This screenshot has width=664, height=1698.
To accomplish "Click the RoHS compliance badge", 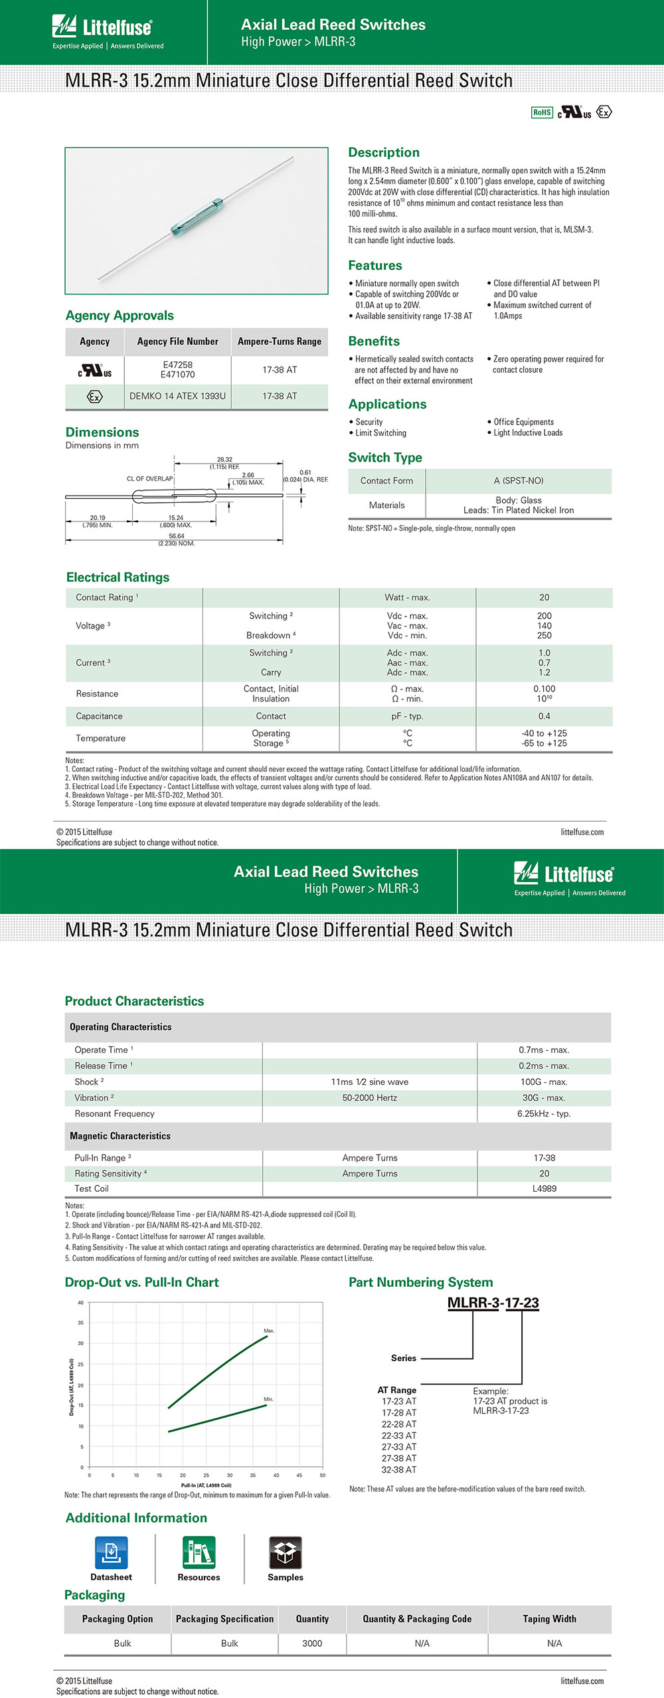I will (542, 112).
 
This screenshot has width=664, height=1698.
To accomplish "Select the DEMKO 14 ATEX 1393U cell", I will (177, 396).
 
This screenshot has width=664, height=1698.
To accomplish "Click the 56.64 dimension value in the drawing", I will (177, 536).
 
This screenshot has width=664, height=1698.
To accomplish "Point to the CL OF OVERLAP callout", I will (149, 478).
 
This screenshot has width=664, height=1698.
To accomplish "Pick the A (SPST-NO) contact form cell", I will (518, 480).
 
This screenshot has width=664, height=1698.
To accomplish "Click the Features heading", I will (375, 265).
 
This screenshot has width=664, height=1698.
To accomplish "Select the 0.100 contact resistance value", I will (544, 689).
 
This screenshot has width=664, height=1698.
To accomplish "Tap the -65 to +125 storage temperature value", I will (544, 743).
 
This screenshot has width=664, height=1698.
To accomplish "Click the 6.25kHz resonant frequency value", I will (543, 1113).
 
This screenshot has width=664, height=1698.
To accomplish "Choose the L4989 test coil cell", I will (544, 1188).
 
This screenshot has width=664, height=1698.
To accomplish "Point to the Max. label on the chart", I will (269, 1331).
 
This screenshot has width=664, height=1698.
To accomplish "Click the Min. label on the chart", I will (268, 1399).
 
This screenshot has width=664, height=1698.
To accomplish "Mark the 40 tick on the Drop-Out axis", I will (80, 1303).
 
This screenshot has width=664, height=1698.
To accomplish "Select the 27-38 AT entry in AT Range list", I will (399, 1458).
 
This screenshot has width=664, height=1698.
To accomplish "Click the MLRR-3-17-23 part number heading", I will (493, 1303).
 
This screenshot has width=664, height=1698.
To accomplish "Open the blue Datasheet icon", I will (111, 1553).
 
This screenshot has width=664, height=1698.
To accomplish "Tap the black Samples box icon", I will (286, 1553).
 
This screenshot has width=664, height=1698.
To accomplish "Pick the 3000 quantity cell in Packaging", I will (312, 1643).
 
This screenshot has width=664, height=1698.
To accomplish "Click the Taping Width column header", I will (549, 1619).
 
